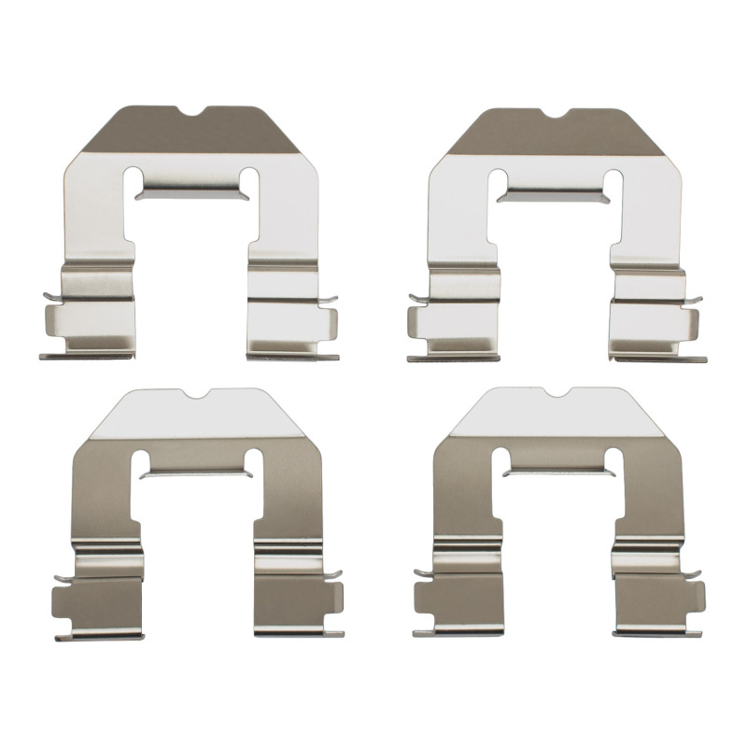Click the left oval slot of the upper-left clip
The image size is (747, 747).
[x=136, y=179]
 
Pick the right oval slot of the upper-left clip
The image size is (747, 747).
[x=249, y=179]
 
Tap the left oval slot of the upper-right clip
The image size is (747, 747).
[x=499, y=181]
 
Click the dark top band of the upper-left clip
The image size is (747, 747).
[x=149, y=134]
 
